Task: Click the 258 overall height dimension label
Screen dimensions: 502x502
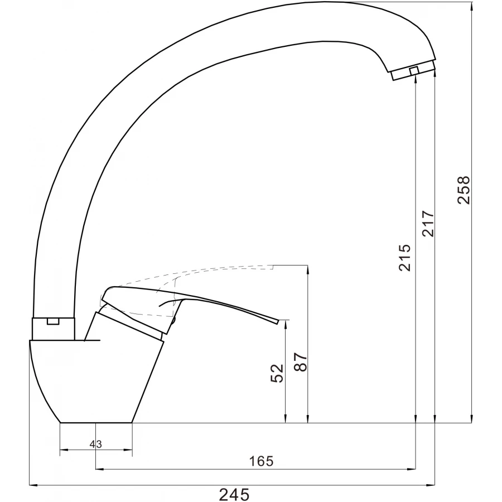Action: pyautogui.click(x=464, y=190)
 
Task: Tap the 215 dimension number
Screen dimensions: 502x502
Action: pyautogui.click(x=405, y=257)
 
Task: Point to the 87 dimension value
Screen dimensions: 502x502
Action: pyautogui.click(x=301, y=362)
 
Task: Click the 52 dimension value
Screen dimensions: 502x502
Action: pyautogui.click(x=277, y=373)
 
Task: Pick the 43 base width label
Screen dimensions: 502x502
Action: pyautogui.click(x=96, y=444)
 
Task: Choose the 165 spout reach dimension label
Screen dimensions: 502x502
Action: pyautogui.click(x=262, y=461)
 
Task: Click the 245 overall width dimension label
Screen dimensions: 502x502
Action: pyautogui.click(x=234, y=494)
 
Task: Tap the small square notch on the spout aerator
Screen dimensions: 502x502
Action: pyautogui.click(x=414, y=71)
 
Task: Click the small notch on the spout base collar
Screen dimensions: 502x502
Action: pyautogui.click(x=53, y=321)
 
